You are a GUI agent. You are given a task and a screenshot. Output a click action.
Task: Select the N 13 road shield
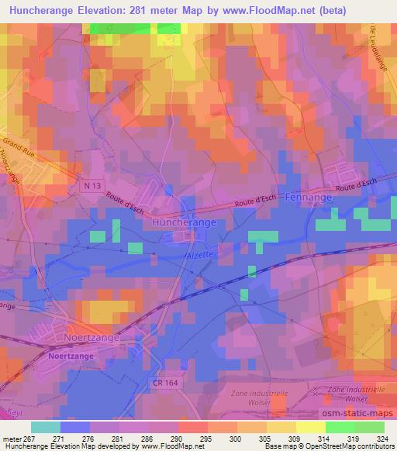click(x=91, y=186)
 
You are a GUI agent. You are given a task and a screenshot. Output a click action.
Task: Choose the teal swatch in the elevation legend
click(x=46, y=427)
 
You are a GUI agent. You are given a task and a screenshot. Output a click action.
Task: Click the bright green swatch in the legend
click(x=340, y=427)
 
